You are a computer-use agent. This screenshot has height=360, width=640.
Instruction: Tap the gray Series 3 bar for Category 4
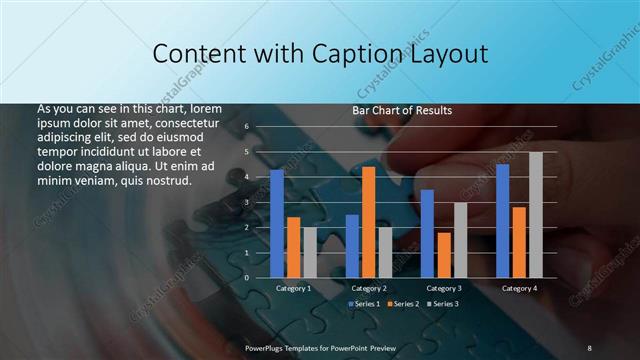(536, 215)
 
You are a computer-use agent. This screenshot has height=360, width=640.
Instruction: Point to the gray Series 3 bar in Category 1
(310, 252)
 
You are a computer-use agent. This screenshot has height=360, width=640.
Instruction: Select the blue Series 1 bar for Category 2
(352, 246)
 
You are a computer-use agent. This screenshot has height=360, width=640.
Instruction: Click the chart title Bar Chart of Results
(402, 110)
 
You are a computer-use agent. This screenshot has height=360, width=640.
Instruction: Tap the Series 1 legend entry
(364, 303)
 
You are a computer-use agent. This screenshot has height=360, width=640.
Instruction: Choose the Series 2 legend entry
(403, 303)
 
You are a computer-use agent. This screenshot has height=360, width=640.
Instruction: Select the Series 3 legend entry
(443, 303)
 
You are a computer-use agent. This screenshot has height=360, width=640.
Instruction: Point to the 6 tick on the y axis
(245, 127)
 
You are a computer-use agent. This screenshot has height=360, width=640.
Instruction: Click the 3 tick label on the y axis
(245, 202)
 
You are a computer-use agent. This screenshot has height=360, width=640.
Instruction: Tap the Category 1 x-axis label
(293, 288)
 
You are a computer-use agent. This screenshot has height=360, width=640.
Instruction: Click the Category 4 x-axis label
(519, 288)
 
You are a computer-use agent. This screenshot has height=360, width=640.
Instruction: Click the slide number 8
(589, 347)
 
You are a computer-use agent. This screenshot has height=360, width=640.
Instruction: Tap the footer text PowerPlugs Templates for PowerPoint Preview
(322, 347)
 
